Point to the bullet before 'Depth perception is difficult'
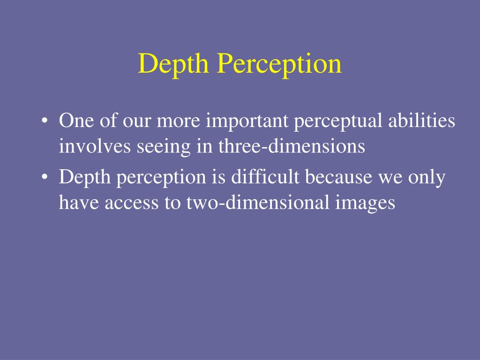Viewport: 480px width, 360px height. [45, 179]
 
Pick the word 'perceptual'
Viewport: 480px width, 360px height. [339, 121]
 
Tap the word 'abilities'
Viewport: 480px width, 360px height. [422, 121]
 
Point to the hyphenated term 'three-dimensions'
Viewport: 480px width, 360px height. [291, 147]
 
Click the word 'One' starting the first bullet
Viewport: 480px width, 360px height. [74, 121]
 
